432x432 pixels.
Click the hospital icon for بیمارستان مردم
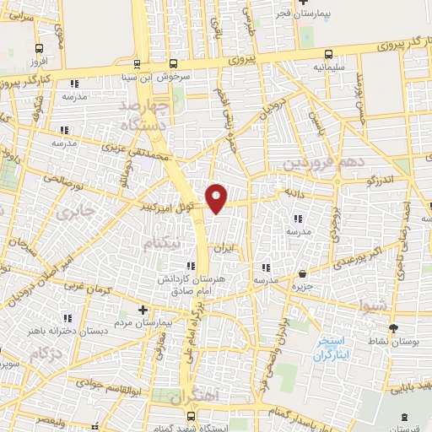pos(143,310)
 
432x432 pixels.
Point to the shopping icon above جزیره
pos(303,273)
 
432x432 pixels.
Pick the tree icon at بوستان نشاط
pos(393,328)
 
